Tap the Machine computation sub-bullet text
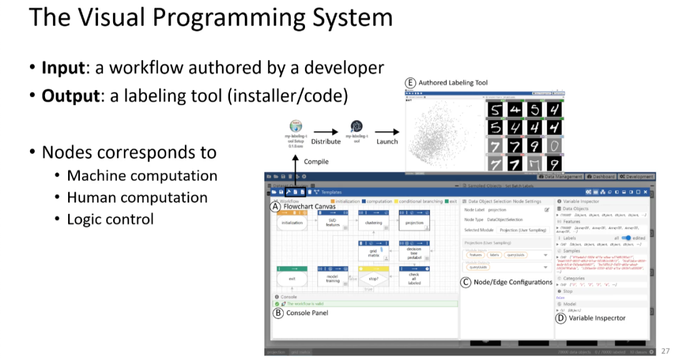(142, 176)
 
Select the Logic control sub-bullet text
(110, 219)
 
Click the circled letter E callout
(411, 82)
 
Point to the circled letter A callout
(275, 206)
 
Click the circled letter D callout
(561, 318)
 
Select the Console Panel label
(307, 312)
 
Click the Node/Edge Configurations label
(513, 282)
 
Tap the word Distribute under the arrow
(326, 141)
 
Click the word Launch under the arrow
(387, 141)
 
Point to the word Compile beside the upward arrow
(316, 161)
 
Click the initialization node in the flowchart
(292, 222)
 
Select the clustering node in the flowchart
(374, 222)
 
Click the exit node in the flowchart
(292, 278)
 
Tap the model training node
(332, 278)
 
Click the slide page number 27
(665, 351)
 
